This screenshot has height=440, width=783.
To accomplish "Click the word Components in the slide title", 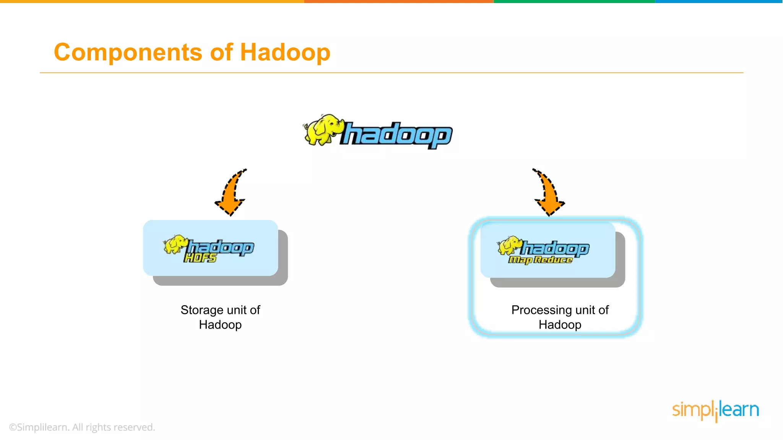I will tap(128, 52).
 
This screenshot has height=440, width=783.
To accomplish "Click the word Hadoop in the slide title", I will tap(285, 52).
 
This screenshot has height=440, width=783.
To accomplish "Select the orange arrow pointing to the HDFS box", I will tap(231, 193).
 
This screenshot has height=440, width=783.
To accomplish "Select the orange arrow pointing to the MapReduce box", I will tap(548, 193).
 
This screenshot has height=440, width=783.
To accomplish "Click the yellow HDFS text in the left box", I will tap(200, 258).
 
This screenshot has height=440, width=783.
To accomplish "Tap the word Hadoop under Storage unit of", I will tap(220, 325).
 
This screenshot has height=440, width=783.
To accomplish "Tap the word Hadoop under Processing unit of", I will tap(560, 325).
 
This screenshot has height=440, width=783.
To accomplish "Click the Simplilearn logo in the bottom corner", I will tap(715, 410).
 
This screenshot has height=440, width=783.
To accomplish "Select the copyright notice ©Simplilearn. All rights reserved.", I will tap(82, 427).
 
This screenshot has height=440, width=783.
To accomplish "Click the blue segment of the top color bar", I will tap(719, 2).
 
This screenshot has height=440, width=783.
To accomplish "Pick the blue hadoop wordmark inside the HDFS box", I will tap(221, 247).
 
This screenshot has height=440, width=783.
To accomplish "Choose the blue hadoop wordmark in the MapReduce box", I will tap(556, 249).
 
